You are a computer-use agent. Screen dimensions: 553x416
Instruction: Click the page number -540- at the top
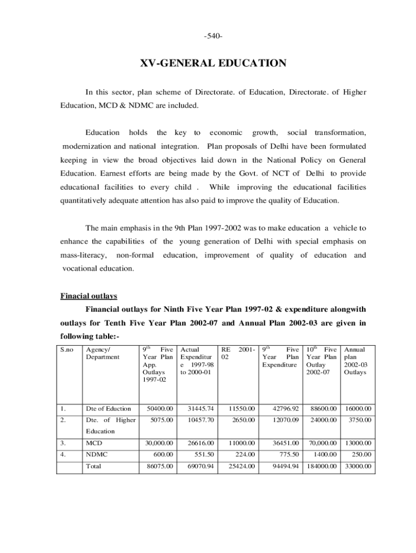213,36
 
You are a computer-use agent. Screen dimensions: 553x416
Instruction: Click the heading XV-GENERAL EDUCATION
213,64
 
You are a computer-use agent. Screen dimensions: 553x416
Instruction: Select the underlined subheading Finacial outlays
88,296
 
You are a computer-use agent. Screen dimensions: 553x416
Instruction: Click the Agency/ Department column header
102,353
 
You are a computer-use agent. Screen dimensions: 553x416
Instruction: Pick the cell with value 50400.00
159,408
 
